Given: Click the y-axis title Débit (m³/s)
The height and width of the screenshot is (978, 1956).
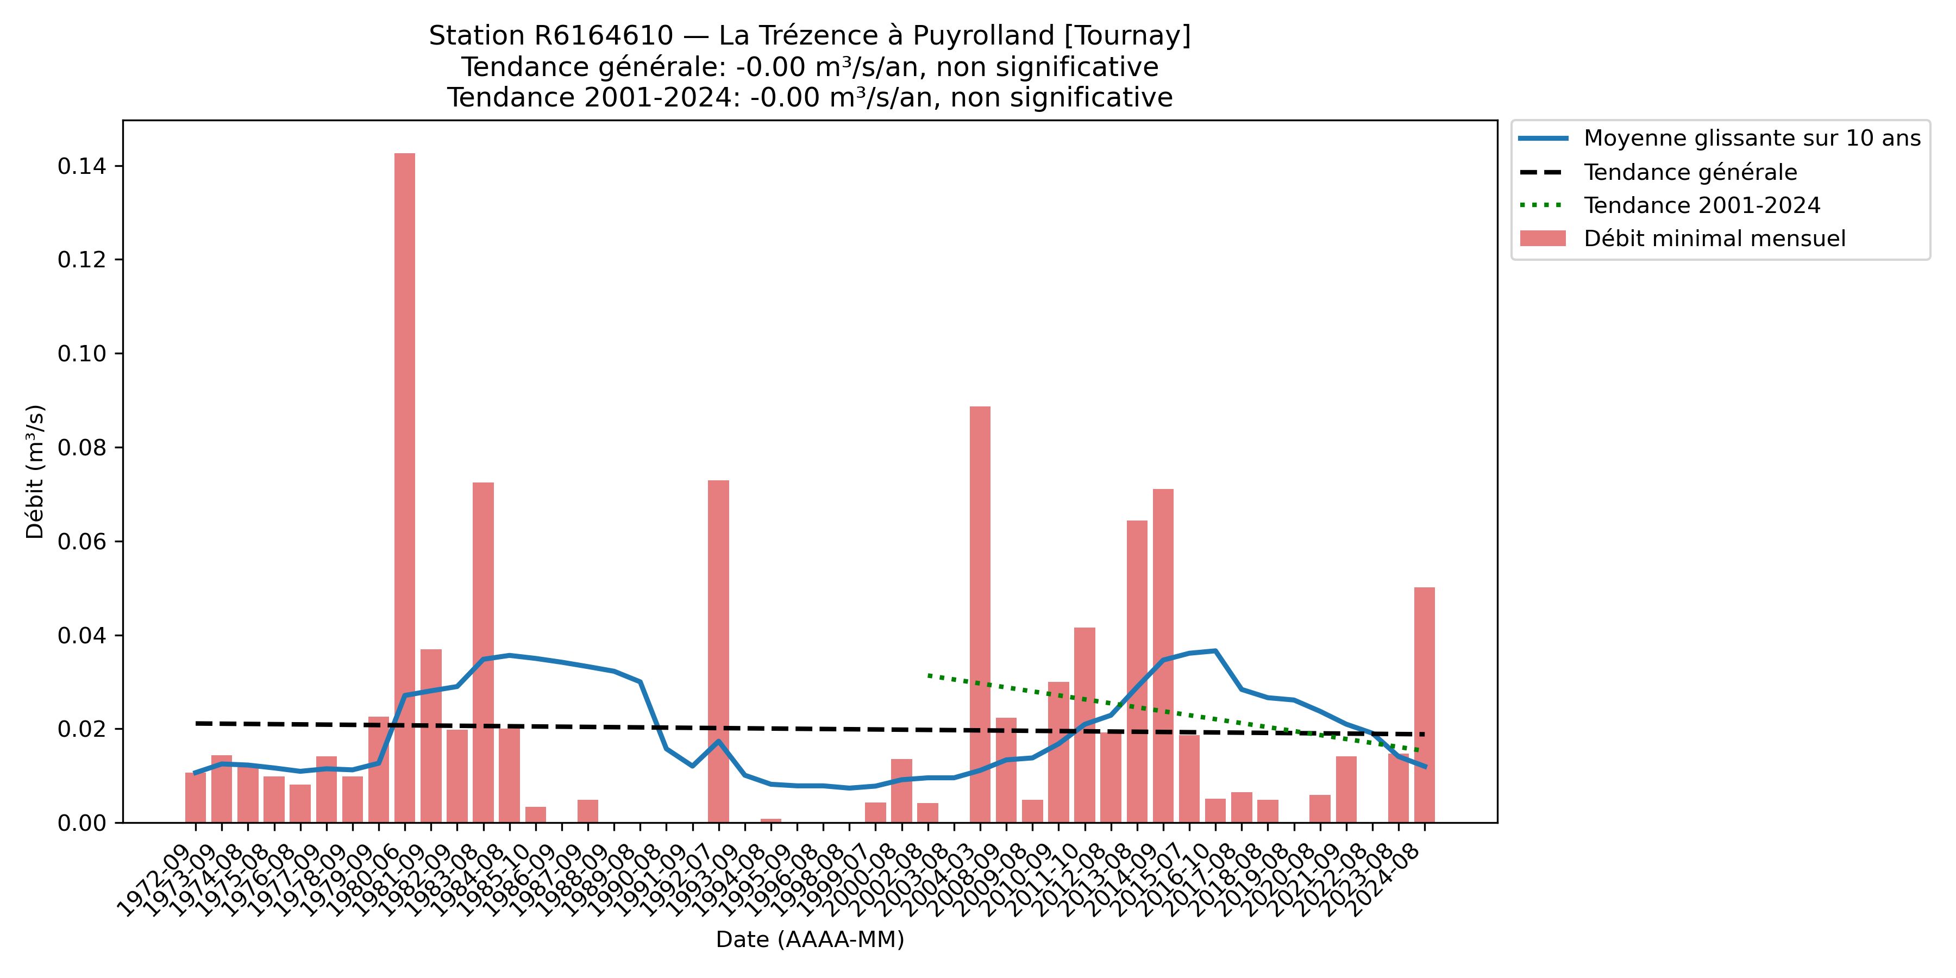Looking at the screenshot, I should [35, 472].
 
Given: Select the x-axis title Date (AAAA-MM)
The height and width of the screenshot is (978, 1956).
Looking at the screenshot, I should [810, 940].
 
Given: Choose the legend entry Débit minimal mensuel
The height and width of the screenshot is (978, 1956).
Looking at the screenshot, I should [1714, 239].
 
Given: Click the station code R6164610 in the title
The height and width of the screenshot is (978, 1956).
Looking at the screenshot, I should [604, 36].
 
